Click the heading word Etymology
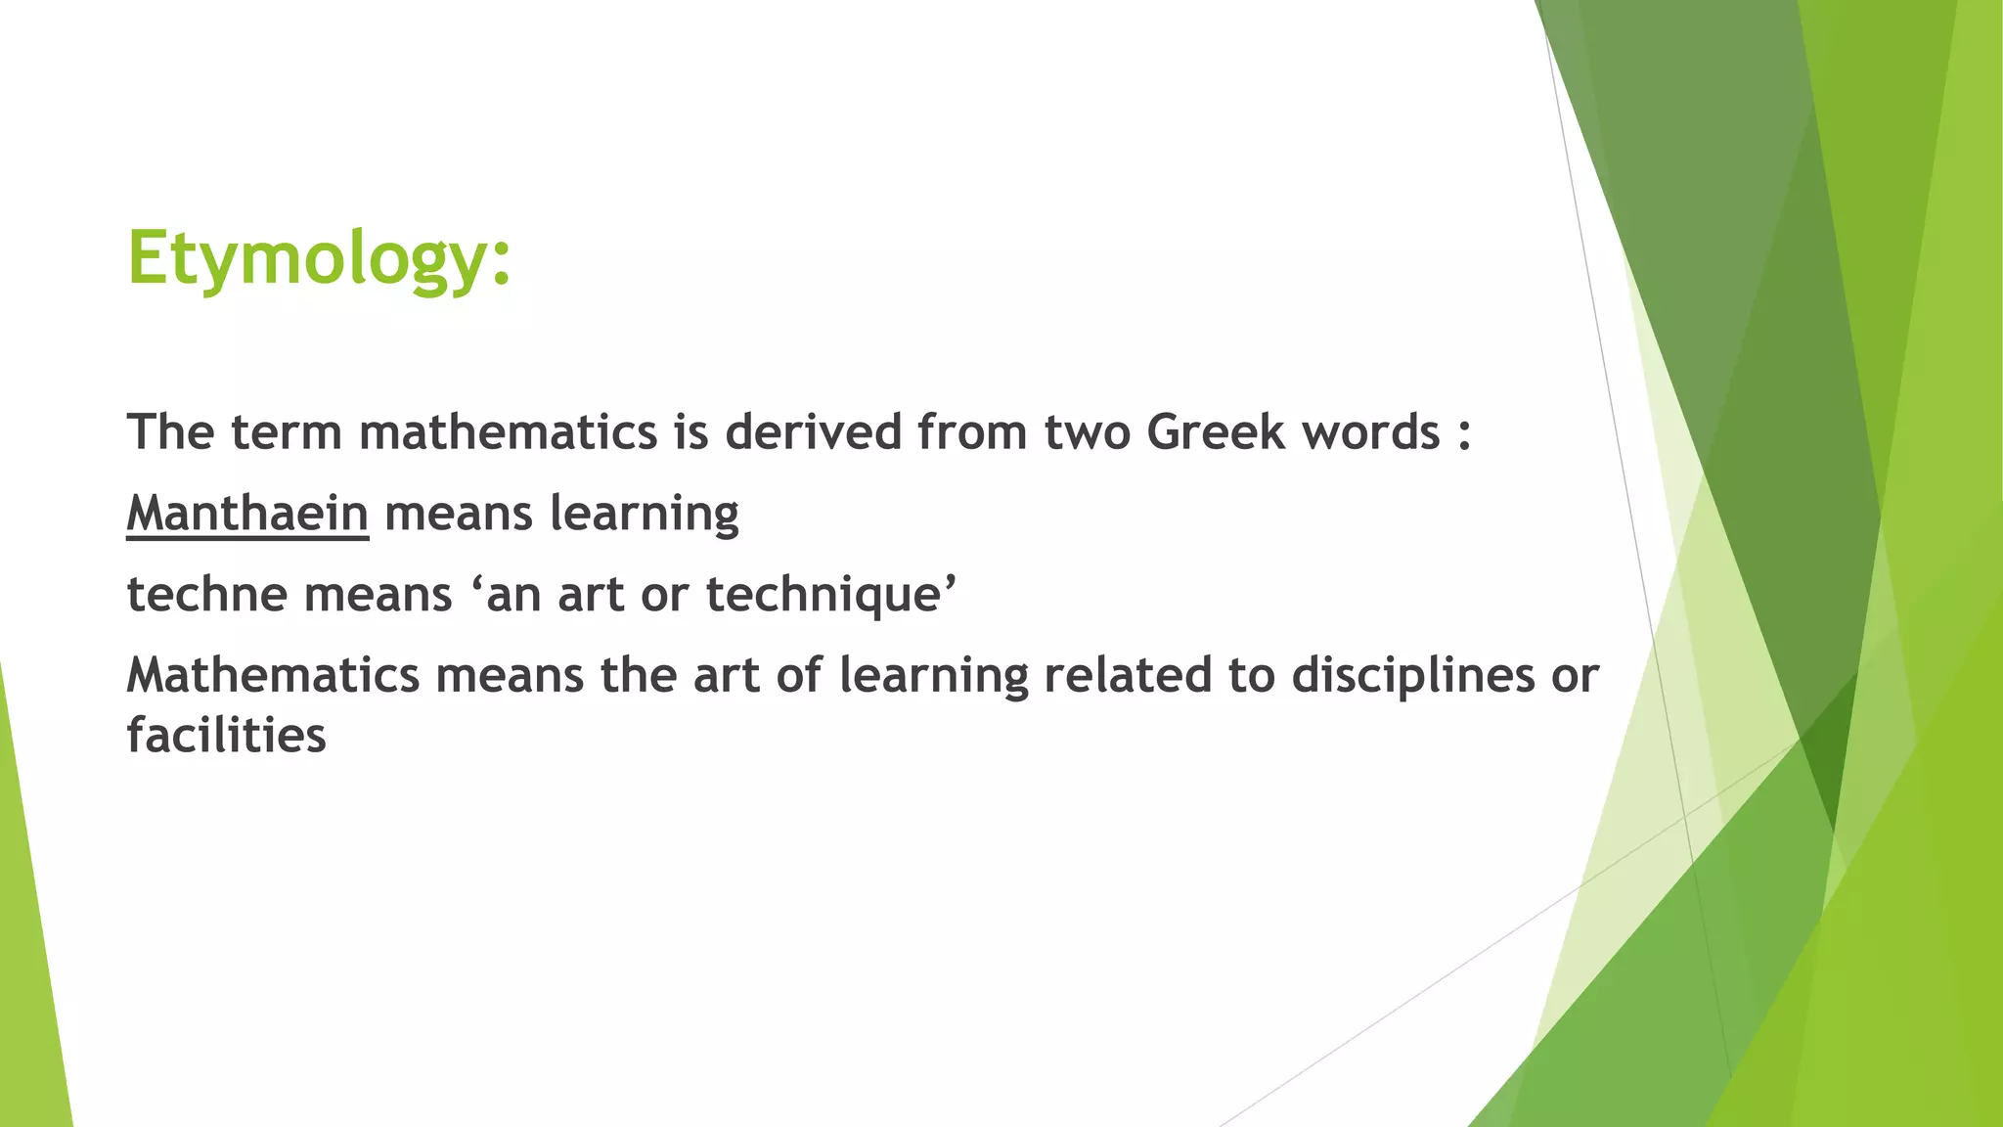(x=318, y=259)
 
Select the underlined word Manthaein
(x=247, y=514)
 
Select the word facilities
(x=226, y=736)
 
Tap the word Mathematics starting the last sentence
(x=273, y=675)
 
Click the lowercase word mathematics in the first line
(x=509, y=432)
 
